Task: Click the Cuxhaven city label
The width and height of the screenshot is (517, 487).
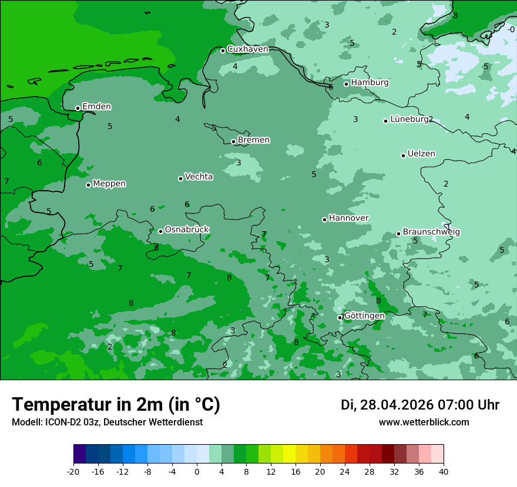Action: click(x=247, y=49)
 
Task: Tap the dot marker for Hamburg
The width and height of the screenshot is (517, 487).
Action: click(x=347, y=84)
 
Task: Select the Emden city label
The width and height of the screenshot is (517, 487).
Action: click(x=96, y=107)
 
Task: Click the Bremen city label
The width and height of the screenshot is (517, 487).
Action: click(x=254, y=140)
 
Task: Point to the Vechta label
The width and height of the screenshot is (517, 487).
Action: click(x=199, y=177)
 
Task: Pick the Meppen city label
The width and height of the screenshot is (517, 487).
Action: click(x=109, y=184)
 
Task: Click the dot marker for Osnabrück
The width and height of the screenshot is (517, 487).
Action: click(x=160, y=231)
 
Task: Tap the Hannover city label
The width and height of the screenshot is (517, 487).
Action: click(x=348, y=218)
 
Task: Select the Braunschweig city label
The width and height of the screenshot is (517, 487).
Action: click(x=431, y=232)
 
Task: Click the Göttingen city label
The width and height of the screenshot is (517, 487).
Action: click(x=364, y=316)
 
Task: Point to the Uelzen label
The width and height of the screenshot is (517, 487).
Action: click(x=421, y=154)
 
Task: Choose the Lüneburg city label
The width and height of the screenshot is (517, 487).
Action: click(x=409, y=119)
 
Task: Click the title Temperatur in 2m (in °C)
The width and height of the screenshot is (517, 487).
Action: click(x=116, y=404)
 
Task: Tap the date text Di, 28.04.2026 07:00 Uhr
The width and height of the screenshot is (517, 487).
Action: click(x=420, y=405)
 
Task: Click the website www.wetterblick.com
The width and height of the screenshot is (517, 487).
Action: click(x=424, y=422)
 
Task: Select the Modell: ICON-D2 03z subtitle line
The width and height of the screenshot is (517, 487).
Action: click(x=107, y=422)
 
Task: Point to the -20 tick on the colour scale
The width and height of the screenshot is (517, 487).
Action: click(x=73, y=471)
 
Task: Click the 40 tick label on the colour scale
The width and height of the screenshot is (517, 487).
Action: click(x=444, y=471)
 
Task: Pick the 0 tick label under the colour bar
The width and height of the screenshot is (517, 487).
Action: click(x=197, y=471)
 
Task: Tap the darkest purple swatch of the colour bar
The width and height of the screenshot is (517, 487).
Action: click(x=79, y=454)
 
